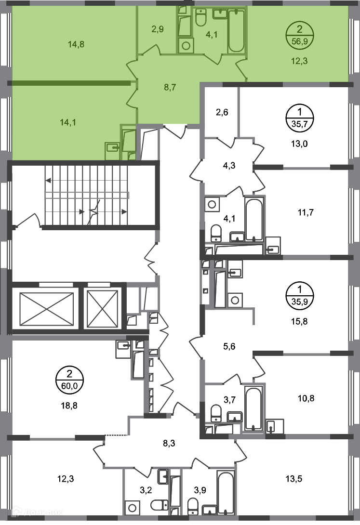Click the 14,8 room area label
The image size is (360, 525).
click(76, 44)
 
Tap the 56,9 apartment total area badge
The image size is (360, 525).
click(299, 36)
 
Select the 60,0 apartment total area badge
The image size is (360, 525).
click(69, 380)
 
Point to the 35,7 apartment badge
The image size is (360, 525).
click(299, 118)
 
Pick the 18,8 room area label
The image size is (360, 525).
click(69, 406)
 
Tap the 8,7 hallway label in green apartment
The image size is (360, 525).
click(170, 87)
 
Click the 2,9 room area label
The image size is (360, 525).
click(158, 29)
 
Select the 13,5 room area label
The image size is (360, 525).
click(293, 479)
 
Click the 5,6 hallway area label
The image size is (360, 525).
click(229, 346)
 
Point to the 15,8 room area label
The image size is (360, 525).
click(299, 321)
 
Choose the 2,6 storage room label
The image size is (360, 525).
click(222, 112)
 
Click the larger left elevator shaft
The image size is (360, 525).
click(47, 309)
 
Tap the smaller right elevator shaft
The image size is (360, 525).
click(103, 308)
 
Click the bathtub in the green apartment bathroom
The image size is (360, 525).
click(237, 31)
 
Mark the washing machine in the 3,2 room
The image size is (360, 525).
click(132, 509)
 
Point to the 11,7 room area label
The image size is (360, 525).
click(306, 212)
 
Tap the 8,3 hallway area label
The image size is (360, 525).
click(169, 443)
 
